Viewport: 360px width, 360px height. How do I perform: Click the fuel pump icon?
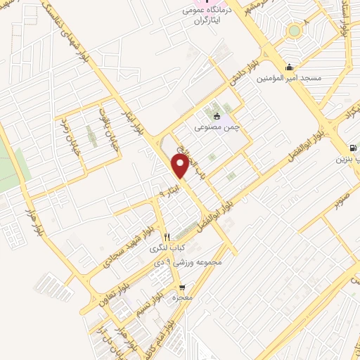tap(352, 148)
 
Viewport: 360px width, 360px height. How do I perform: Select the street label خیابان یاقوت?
tap(107, 124)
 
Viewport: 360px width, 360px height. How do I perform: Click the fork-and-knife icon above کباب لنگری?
tap(166, 237)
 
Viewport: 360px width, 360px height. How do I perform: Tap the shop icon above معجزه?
tap(182, 288)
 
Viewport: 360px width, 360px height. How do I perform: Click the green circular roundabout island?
tap(292, 31)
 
